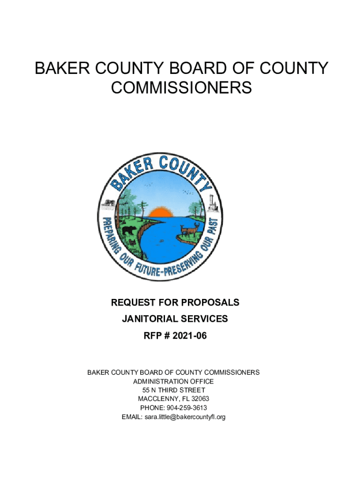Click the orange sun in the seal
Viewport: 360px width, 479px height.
click(x=160, y=213)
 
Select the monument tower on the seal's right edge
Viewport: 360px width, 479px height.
click(x=211, y=201)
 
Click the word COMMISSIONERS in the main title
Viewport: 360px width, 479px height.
click(x=181, y=87)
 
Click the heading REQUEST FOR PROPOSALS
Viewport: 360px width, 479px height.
click(x=175, y=303)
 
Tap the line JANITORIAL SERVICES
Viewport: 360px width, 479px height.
click(x=175, y=319)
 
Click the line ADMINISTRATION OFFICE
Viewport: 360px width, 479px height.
click(x=173, y=381)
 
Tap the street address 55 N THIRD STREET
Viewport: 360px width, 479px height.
click(x=173, y=390)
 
